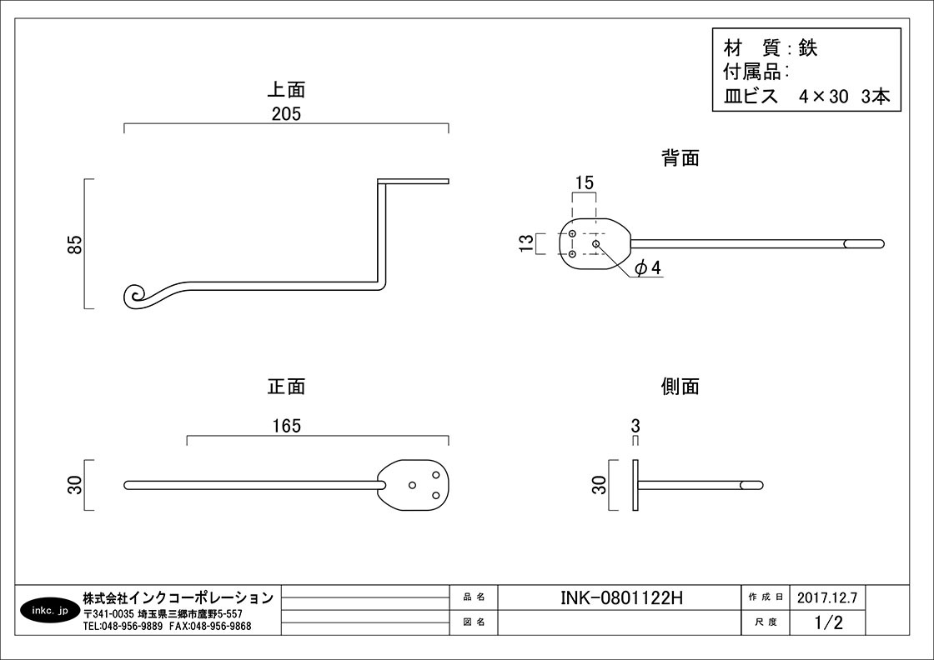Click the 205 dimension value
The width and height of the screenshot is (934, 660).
285,114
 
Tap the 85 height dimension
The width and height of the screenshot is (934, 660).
75,244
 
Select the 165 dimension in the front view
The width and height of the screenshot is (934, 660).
285,426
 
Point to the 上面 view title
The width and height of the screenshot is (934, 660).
285,89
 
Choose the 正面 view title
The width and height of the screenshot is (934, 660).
285,387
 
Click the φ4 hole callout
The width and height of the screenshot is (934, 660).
647,267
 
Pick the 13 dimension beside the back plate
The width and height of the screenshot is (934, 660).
526,244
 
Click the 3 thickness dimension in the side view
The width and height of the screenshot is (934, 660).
635,426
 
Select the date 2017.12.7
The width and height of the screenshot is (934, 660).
826,597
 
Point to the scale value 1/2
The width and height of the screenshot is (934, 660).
826,622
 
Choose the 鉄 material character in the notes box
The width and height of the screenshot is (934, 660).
807,47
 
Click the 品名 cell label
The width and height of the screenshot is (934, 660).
474,597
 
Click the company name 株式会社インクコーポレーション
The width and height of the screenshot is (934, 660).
178,597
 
